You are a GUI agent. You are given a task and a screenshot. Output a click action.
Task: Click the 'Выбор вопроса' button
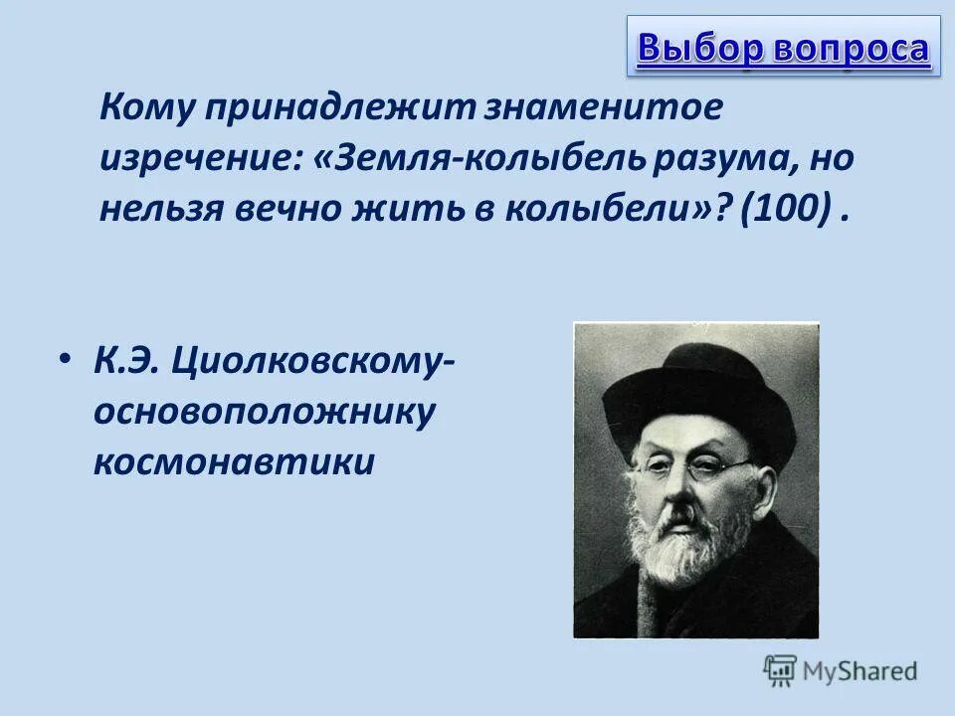click(x=783, y=47)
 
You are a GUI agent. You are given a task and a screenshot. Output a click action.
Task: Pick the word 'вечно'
click(x=293, y=211)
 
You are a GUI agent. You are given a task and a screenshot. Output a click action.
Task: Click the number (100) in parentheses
click(x=785, y=211)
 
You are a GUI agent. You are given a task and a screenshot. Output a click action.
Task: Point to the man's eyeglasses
click(x=696, y=467)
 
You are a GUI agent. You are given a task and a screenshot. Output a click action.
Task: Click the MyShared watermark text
click(x=861, y=671)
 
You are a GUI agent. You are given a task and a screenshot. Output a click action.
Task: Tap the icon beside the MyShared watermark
click(x=780, y=671)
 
